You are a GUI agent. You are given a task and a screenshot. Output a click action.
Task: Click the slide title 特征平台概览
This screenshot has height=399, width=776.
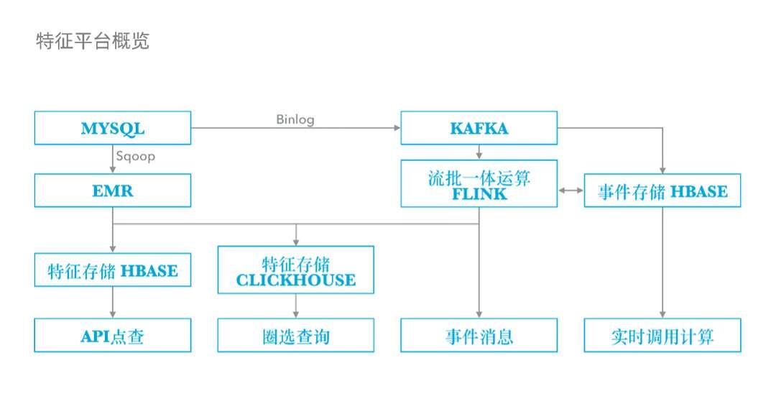[93, 41]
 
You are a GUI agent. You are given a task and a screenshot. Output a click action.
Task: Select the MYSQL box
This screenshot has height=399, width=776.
[113, 129]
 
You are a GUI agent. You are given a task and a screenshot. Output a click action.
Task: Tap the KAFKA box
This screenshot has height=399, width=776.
[479, 129]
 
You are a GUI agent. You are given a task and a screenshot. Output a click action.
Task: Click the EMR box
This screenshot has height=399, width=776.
[113, 191]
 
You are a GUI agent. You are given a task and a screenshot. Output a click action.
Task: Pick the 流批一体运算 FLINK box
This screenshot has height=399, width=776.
[479, 183]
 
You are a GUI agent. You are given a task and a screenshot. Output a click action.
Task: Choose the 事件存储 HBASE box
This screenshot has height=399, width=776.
[662, 191]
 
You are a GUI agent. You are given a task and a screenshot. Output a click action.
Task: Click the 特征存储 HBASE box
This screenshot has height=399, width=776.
[113, 270]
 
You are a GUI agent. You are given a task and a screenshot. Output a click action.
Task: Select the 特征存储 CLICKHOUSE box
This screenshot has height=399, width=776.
[296, 270]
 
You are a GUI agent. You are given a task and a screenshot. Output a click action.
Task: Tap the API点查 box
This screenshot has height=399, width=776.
[113, 336]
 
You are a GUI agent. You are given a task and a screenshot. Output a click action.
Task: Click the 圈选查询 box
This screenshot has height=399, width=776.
[296, 336]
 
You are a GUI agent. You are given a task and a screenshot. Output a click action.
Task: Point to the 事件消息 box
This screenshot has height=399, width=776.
[479, 336]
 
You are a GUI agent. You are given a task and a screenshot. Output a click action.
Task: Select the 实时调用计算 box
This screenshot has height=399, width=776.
[662, 336]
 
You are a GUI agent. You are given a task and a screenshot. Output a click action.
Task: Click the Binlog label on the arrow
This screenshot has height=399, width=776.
[295, 119]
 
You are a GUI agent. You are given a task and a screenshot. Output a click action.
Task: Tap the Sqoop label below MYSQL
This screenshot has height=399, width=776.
[135, 156]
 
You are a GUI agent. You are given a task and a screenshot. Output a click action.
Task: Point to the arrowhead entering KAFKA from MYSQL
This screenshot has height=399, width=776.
[396, 129]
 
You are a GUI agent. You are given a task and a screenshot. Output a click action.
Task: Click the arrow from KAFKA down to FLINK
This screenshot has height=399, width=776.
[479, 152]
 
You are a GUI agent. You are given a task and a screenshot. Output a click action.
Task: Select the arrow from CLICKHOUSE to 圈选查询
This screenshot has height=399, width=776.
[296, 306]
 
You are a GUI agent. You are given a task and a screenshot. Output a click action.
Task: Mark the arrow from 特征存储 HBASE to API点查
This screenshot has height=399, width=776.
[113, 303]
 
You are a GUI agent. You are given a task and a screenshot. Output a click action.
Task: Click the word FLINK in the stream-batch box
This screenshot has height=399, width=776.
[479, 194]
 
